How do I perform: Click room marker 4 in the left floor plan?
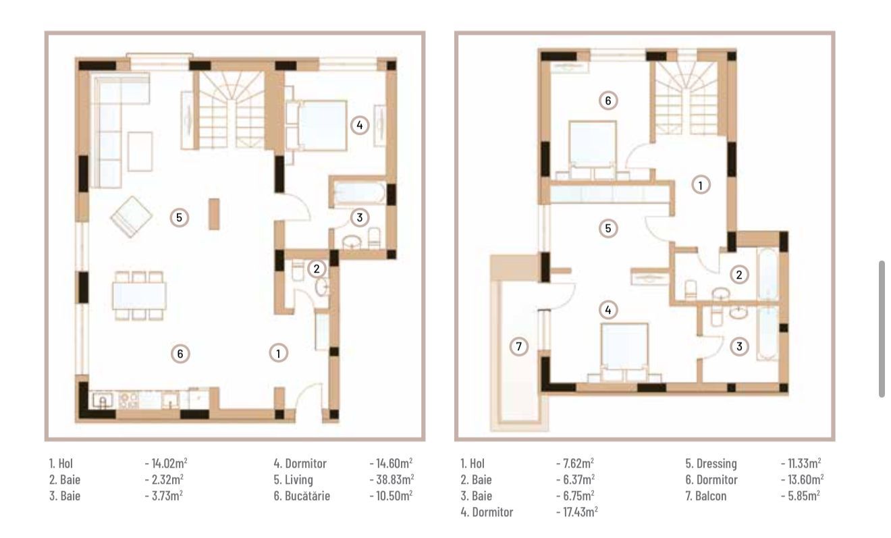(x=360, y=125)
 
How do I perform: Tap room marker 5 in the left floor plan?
(x=179, y=217)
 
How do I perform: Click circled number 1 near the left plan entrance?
(x=277, y=352)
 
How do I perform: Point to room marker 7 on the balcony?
(x=518, y=346)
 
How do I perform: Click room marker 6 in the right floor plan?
(x=607, y=101)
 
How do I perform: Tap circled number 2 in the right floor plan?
(x=740, y=274)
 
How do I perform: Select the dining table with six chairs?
(x=139, y=295)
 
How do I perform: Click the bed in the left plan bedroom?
(x=317, y=124)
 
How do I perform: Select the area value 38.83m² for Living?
(x=392, y=479)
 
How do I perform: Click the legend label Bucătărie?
(x=302, y=495)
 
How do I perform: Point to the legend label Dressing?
(x=711, y=464)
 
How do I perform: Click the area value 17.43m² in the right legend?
(x=576, y=512)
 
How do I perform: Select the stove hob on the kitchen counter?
(x=128, y=400)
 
